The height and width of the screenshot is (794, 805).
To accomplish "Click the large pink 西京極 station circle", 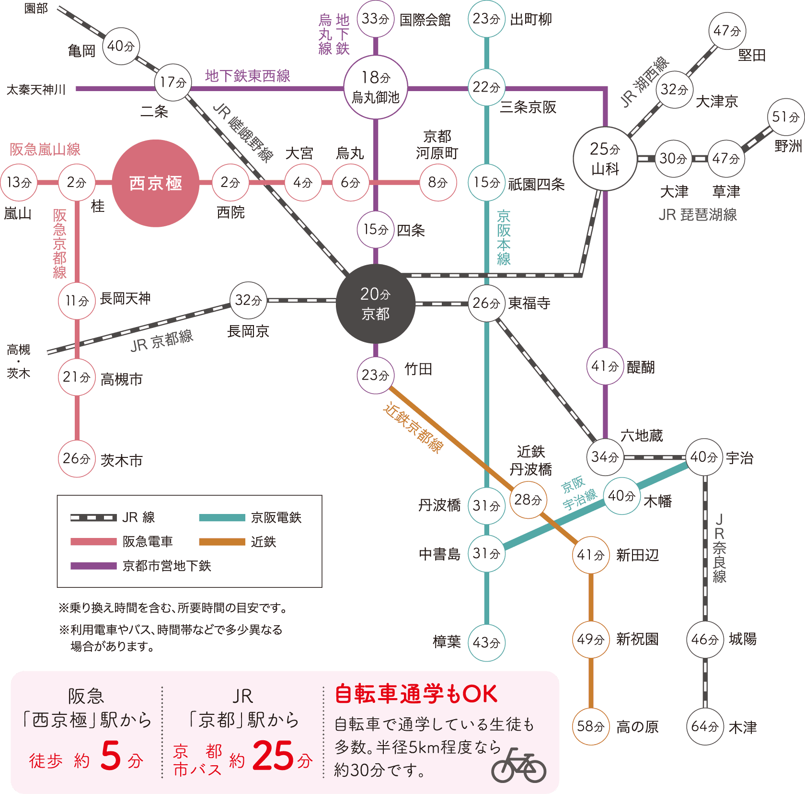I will (155, 183).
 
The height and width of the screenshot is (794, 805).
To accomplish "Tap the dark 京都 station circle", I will (375, 304).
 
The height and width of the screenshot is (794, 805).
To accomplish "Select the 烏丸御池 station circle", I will (376, 87).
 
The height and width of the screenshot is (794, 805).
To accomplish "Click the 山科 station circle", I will (605, 158).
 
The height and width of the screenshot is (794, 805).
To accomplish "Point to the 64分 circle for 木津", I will (704, 726).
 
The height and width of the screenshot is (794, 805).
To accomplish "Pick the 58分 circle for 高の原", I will (590, 726).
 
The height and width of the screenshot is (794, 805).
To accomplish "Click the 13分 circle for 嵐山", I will (19, 183).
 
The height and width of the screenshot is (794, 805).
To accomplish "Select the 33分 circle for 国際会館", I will (375, 19).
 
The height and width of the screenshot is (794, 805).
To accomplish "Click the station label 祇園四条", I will (536, 184).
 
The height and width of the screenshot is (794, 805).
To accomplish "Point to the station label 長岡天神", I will (125, 299).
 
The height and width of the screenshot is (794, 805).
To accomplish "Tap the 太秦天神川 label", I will (36, 90).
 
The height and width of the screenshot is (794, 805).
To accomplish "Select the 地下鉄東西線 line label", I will (247, 76).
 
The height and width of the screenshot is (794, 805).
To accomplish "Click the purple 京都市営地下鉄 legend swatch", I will (93, 566).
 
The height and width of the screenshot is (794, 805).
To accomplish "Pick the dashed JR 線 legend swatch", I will (93, 518).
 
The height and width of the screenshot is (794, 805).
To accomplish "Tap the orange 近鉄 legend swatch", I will (222, 542).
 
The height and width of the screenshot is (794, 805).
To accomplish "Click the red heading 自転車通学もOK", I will (416, 694).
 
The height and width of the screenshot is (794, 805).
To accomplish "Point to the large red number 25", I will (273, 756).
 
